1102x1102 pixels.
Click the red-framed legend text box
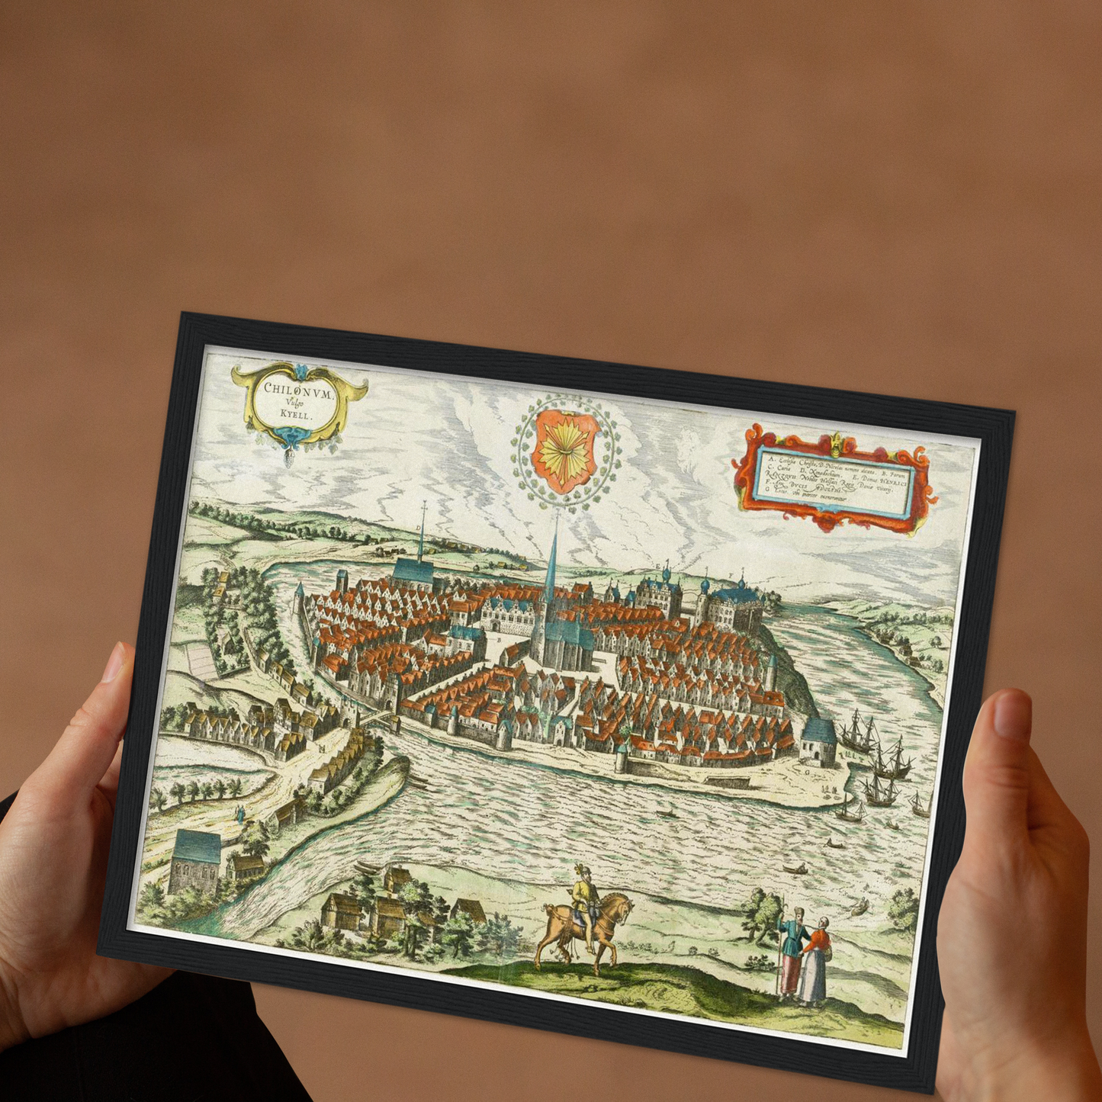834,478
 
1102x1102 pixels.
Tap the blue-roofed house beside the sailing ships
819,739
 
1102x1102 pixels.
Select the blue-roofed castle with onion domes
730,606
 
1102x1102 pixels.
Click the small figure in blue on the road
241,814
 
